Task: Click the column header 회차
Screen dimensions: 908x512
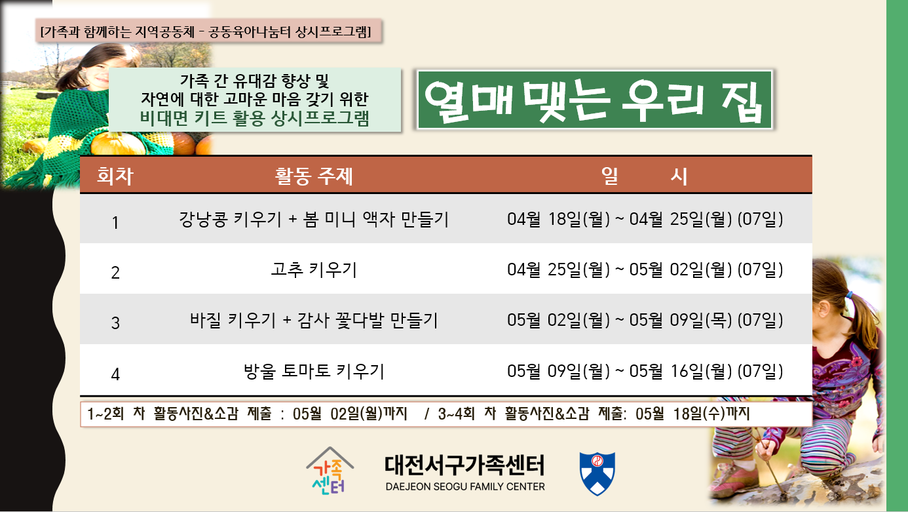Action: (x=115, y=176)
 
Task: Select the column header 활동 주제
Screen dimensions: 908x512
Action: (x=314, y=176)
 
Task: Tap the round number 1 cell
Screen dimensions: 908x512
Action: (x=115, y=223)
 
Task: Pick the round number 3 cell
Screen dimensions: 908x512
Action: (x=115, y=323)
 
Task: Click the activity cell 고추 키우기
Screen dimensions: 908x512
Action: (x=314, y=270)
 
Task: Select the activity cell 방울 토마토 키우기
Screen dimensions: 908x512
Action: (x=314, y=371)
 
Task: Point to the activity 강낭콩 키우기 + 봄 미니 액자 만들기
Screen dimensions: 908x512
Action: (x=314, y=220)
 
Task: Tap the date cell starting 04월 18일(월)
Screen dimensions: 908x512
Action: (x=645, y=219)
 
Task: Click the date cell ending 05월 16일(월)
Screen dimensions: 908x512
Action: (x=645, y=371)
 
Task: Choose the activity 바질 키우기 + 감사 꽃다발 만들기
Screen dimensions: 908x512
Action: (x=314, y=321)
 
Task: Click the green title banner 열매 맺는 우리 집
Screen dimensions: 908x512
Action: (x=595, y=100)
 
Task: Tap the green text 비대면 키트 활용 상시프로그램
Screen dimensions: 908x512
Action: (x=255, y=118)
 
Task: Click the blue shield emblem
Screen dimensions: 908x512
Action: (x=597, y=473)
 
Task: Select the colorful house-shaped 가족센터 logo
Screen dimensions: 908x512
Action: (x=330, y=471)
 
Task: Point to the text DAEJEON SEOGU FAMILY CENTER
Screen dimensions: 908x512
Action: (x=465, y=486)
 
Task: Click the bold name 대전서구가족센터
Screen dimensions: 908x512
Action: (x=464, y=465)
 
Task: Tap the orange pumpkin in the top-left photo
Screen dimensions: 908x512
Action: (x=117, y=144)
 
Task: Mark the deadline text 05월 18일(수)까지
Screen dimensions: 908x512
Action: (x=692, y=414)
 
